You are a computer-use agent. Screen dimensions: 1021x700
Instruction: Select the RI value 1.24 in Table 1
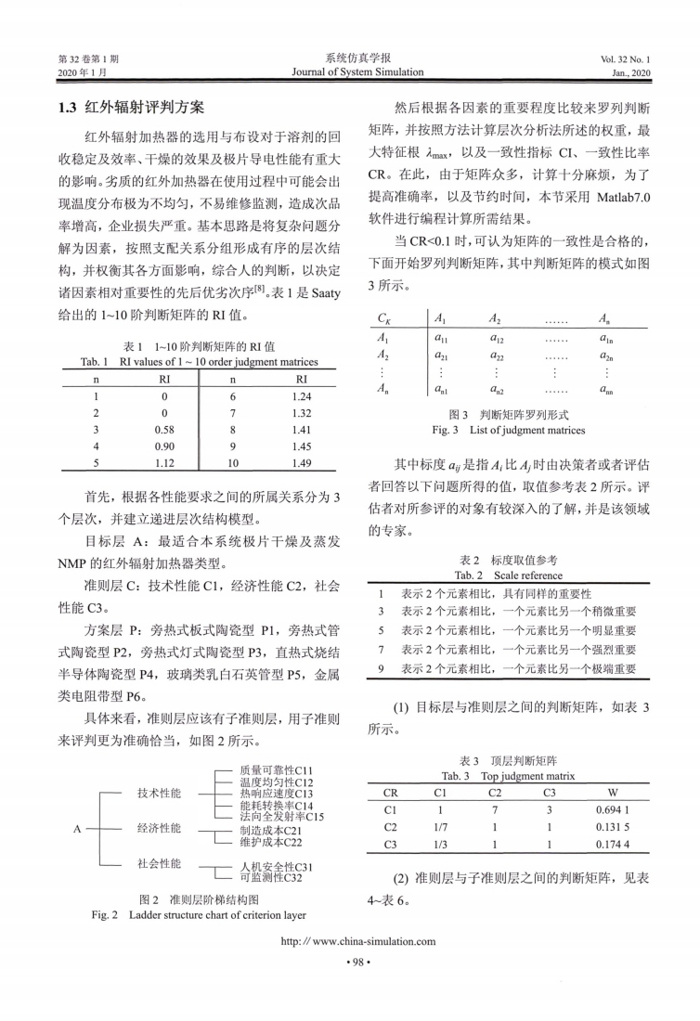point(301,394)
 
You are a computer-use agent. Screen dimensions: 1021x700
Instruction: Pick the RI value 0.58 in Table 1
point(163,430)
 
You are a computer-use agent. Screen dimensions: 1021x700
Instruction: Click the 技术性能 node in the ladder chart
point(160,794)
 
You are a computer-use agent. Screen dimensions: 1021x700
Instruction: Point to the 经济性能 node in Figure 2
point(160,828)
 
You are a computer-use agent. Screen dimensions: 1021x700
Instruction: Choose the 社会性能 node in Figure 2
point(160,863)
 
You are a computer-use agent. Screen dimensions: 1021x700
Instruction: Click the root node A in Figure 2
point(79,828)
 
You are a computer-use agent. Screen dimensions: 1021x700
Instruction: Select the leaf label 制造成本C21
point(270,831)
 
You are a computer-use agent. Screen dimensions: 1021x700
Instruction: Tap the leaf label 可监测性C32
point(270,877)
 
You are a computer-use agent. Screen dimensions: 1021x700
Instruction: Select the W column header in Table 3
point(613,794)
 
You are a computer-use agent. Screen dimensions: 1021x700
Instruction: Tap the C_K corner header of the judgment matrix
point(384,318)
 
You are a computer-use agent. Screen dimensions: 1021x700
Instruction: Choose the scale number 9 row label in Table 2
point(382,668)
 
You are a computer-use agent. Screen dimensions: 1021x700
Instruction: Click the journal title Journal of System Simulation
point(357,71)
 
